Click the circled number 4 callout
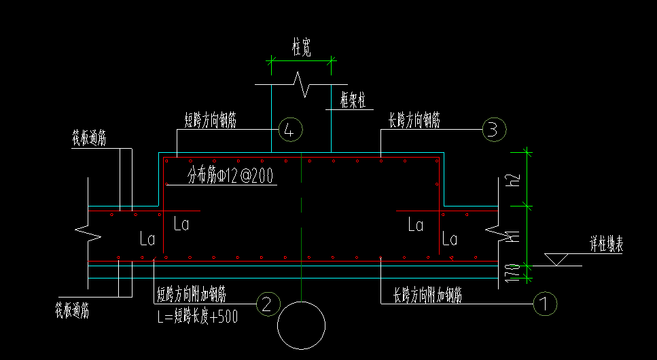[290, 129]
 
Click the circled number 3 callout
[493, 129]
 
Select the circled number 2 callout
[267, 304]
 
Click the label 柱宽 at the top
[302, 48]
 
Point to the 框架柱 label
[353, 101]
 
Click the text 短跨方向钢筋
[215, 120]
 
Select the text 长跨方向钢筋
[414, 120]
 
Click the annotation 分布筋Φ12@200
[230, 177]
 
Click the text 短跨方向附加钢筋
[192, 295]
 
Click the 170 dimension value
[514, 272]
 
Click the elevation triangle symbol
[557, 259]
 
